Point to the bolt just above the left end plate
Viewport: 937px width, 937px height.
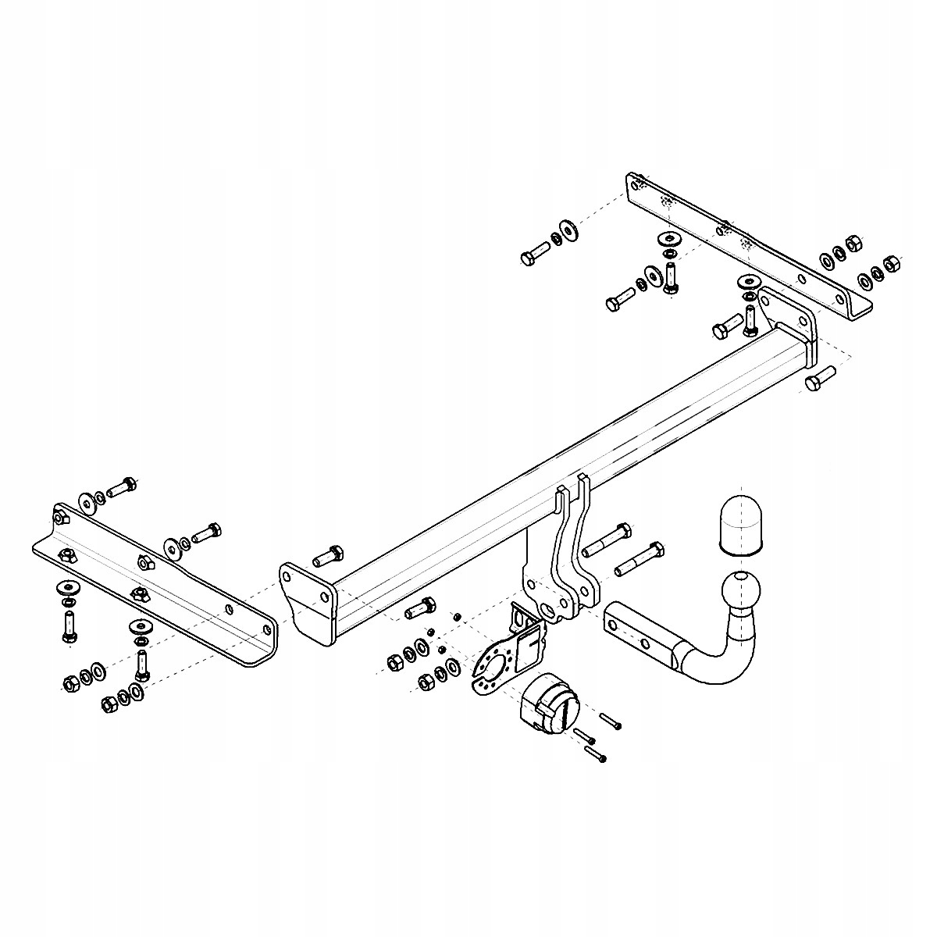point(326,556)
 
